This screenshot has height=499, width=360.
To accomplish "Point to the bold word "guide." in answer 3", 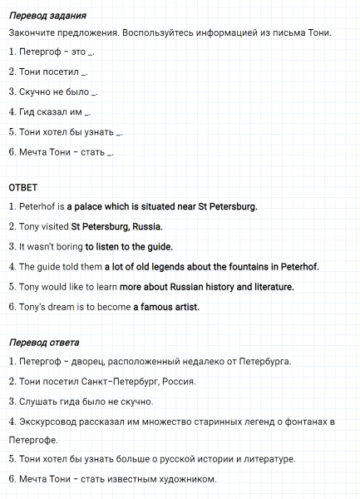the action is pyautogui.click(x=157, y=246).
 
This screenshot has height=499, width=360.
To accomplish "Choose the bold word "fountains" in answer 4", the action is pyautogui.click(x=263, y=267).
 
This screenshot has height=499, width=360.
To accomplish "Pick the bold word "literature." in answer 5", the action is pyautogui.click(x=269, y=287).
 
